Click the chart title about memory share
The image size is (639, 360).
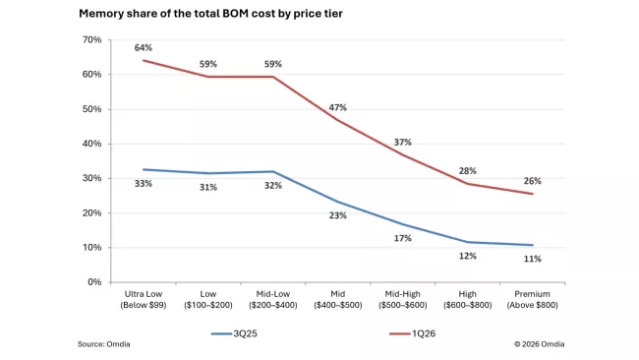(x=210, y=14)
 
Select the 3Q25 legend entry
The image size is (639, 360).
(x=234, y=333)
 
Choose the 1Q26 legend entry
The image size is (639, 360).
(x=413, y=333)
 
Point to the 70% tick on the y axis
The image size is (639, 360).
(x=92, y=40)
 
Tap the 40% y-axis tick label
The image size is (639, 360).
(x=92, y=144)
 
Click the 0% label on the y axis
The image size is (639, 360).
(x=94, y=282)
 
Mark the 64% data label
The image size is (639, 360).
(x=144, y=47)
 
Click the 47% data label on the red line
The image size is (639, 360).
(x=338, y=107)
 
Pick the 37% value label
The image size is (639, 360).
(x=403, y=143)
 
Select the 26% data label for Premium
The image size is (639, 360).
(x=532, y=181)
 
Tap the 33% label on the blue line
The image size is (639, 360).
(x=144, y=184)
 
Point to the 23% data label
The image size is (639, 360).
(x=338, y=215)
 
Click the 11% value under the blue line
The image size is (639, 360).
(x=532, y=259)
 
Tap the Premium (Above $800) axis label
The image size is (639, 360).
(x=532, y=299)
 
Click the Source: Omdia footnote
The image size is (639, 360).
(x=104, y=344)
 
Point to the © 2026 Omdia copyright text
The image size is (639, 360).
(x=539, y=344)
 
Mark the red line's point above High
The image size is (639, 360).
(x=467, y=184)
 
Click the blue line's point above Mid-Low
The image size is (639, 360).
(x=273, y=172)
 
